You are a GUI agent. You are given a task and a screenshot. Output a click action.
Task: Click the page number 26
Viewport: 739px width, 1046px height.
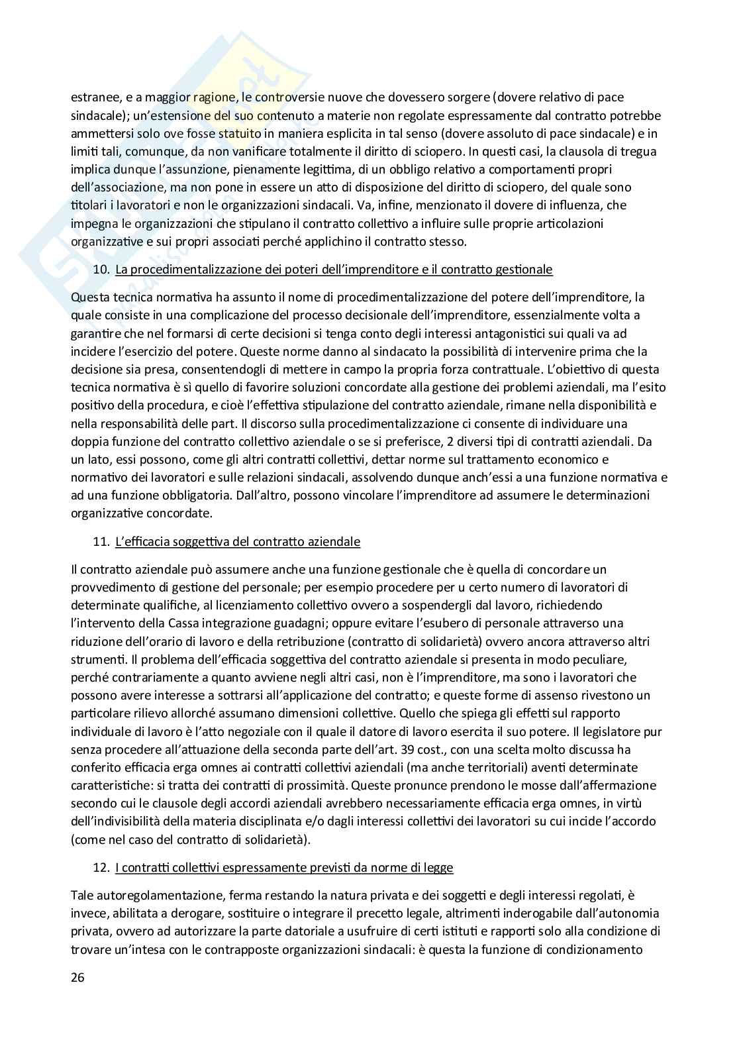click(x=77, y=978)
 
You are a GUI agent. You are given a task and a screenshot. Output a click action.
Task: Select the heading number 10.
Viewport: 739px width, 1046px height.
click(x=101, y=270)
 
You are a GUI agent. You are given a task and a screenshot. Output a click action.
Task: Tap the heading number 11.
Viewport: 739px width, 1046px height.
click(x=101, y=542)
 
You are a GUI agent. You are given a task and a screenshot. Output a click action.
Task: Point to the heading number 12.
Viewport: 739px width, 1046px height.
click(x=101, y=868)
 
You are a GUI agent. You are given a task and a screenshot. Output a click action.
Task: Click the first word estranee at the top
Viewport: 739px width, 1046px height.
click(x=94, y=97)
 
